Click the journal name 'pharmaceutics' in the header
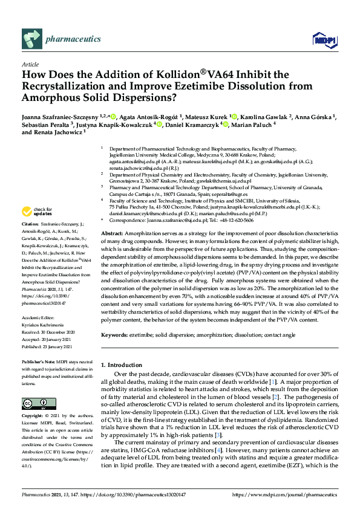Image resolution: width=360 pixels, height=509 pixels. coord(73,39)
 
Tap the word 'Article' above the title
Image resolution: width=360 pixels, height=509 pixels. coord(30,64)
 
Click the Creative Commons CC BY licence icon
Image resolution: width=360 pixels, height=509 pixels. coord(34,403)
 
